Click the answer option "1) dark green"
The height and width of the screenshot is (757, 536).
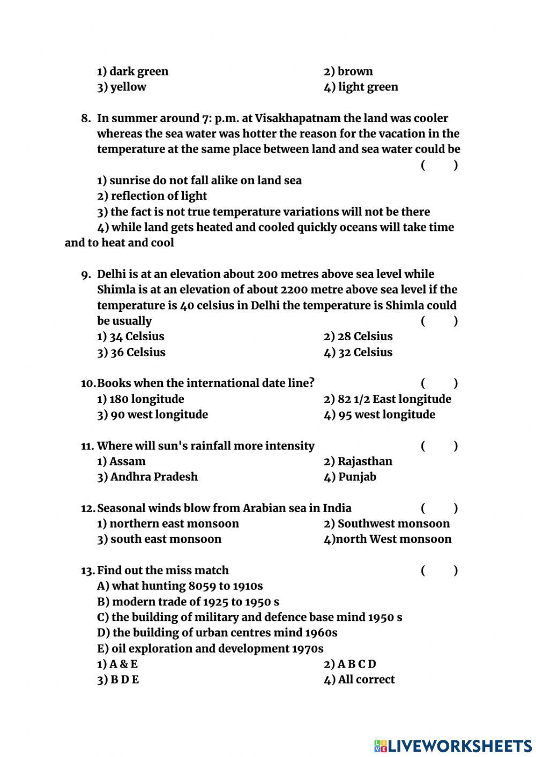pyautogui.click(x=132, y=71)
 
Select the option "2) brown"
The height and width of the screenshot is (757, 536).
pyautogui.click(x=348, y=71)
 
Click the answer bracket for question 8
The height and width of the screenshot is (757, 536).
pyautogui.click(x=439, y=165)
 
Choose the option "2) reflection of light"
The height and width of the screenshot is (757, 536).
pyautogui.click(x=152, y=196)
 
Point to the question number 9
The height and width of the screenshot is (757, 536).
pyautogui.click(x=86, y=275)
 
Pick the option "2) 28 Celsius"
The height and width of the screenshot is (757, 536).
pyautogui.click(x=358, y=336)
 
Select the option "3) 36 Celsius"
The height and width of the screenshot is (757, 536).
pyautogui.click(x=131, y=353)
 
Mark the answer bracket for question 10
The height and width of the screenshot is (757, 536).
pyautogui.click(x=439, y=383)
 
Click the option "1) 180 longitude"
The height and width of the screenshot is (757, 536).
pyautogui.click(x=140, y=399)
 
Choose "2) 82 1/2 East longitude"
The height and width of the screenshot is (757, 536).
pyautogui.click(x=387, y=399)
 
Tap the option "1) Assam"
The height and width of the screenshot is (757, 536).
pyautogui.click(x=121, y=461)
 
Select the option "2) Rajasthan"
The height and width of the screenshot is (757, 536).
pyautogui.click(x=358, y=461)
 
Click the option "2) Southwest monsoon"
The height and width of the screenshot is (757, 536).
pyautogui.click(x=386, y=523)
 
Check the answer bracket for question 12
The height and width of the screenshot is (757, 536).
pyautogui.click(x=439, y=508)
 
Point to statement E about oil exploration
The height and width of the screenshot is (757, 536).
pyautogui.click(x=210, y=649)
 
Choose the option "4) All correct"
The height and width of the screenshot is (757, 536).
pyautogui.click(x=359, y=680)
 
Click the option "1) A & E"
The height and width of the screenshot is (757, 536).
pyautogui.click(x=117, y=664)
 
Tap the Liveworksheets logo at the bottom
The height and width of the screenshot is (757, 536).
pyautogui.click(x=452, y=745)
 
